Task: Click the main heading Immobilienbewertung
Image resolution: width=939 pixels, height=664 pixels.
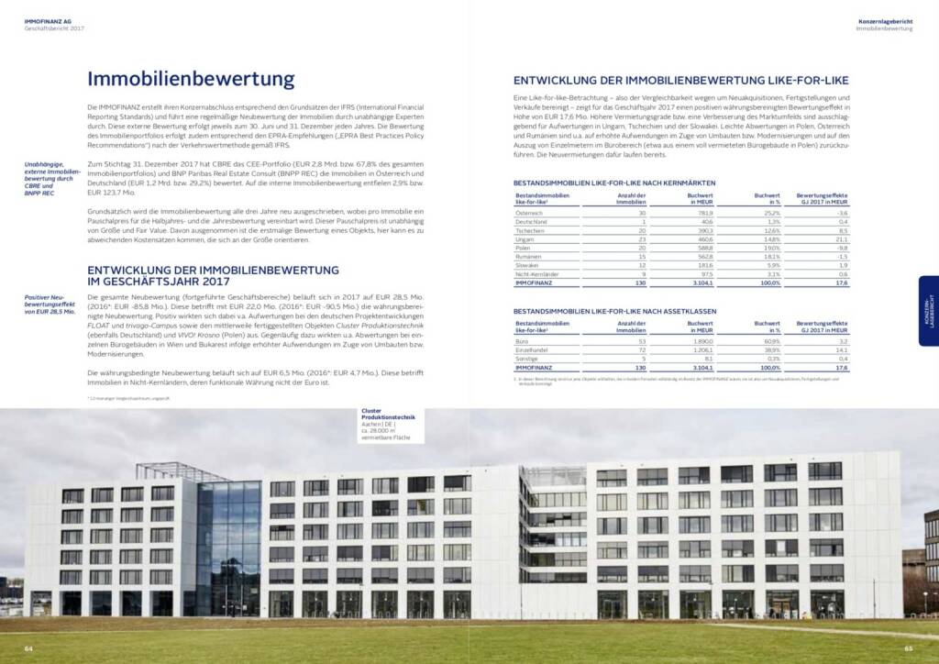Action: [x=191, y=80]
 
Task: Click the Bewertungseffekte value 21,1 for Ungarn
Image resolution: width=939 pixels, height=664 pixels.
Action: [x=841, y=238]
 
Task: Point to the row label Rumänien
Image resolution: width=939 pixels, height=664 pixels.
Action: [x=530, y=256]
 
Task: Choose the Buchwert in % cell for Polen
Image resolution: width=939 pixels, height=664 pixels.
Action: [x=768, y=248]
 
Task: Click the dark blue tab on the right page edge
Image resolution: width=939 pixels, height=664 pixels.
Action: [x=928, y=311]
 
